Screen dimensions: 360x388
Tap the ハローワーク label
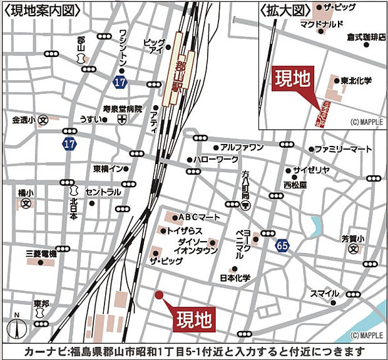pyautogui.click(x=216, y=160)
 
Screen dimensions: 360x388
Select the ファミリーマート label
pyautogui.click(x=343, y=150)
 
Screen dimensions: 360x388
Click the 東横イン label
pyautogui.click(x=111, y=168)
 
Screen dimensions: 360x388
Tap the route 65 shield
pyautogui.click(x=283, y=247)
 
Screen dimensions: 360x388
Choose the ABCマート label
pyautogui.click(x=200, y=217)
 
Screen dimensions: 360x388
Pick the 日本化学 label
pyautogui.click(x=235, y=277)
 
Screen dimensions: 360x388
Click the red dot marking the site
pyautogui.click(x=159, y=295)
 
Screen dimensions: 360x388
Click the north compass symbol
pyautogui.click(x=18, y=325)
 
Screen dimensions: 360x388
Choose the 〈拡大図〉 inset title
pyautogui.click(x=286, y=9)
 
